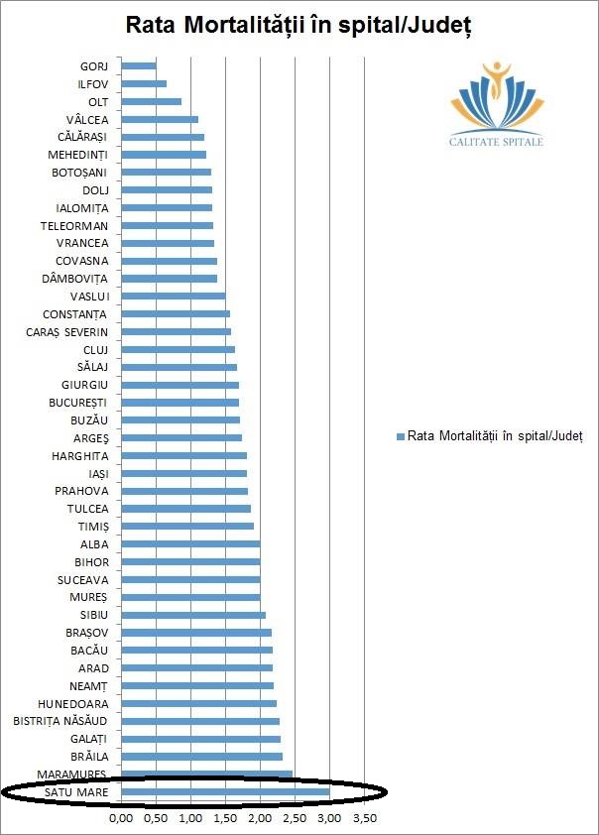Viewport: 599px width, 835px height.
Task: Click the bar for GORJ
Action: tap(138, 65)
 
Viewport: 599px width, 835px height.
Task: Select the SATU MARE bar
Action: tap(224, 791)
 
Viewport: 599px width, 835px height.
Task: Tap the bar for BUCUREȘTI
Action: tap(180, 403)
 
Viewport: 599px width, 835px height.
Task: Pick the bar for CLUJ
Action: tap(178, 349)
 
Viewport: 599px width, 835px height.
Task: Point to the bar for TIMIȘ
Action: tap(186, 527)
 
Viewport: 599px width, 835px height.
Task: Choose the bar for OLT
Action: tap(151, 101)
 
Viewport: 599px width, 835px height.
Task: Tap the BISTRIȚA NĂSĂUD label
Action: tap(67, 720)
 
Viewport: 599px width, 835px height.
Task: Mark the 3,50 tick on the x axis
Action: tap(364, 819)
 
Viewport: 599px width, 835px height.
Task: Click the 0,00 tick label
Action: tap(120, 819)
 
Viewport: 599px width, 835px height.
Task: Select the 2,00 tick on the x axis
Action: tap(260, 819)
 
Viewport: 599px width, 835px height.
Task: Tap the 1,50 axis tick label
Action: tap(225, 819)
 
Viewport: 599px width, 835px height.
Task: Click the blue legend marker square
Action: tap(401, 436)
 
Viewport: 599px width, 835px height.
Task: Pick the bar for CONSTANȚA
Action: tap(175, 313)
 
